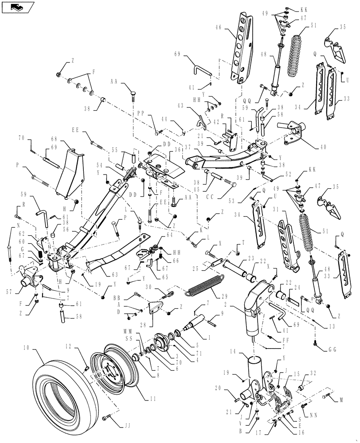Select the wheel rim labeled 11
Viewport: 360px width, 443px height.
click(113, 372)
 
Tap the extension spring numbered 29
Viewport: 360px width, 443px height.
click(204, 286)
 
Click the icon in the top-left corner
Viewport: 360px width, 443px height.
click(17, 6)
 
